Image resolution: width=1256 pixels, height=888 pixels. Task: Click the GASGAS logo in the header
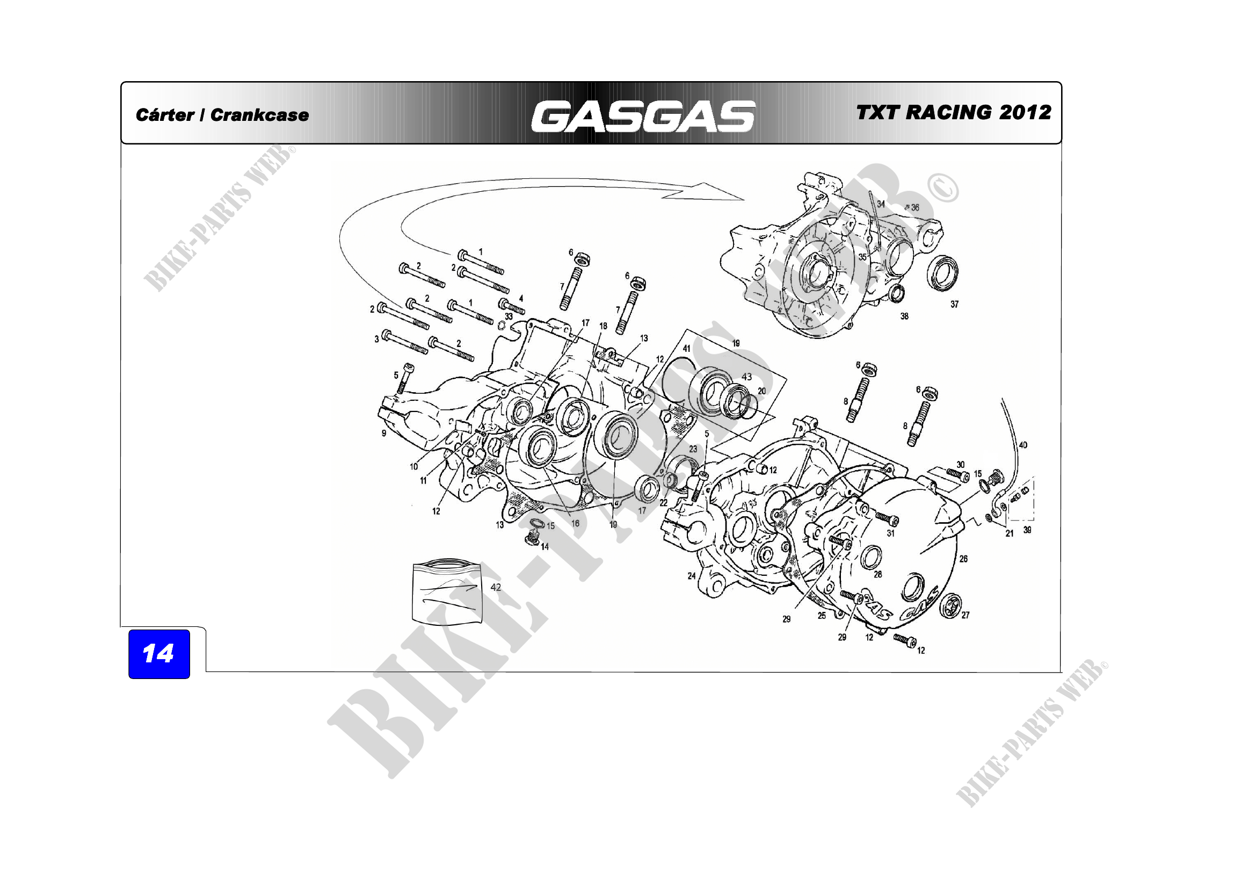coord(643,116)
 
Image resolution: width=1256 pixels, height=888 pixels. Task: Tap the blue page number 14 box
coord(158,654)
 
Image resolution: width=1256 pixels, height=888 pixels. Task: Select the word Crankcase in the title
coord(259,115)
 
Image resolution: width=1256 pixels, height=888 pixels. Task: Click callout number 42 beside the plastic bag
coord(496,587)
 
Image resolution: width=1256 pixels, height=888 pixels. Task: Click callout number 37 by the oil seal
coord(954,304)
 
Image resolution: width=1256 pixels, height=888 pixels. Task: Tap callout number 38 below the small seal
coord(904,316)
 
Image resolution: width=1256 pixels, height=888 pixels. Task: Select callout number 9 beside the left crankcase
coord(384,433)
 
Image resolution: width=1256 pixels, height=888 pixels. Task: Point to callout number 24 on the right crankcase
coord(692,575)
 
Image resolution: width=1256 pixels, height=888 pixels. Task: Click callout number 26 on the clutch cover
coord(963,559)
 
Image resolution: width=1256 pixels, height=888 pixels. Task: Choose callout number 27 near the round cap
coord(965,615)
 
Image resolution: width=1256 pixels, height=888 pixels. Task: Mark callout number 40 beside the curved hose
coord(1023,445)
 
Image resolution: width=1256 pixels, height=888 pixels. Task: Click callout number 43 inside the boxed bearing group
coord(747,377)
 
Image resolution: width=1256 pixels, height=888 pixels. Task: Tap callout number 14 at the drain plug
coord(545,546)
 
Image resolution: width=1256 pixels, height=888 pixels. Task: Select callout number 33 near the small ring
coord(509,316)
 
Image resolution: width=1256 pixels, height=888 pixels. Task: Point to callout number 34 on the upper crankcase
coord(881,204)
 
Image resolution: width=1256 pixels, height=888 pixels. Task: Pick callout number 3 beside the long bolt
coord(376,339)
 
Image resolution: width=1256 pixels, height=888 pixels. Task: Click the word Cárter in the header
coord(164,115)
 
